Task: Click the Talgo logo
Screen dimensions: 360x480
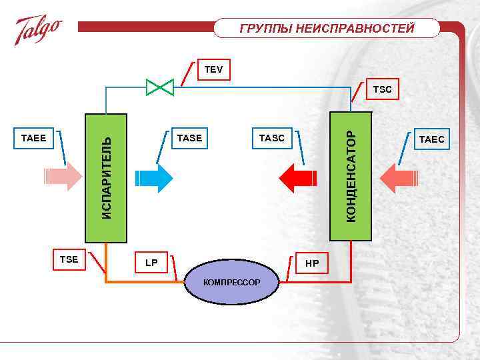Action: (39, 29)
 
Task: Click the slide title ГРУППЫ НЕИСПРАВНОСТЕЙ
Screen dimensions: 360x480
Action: (327, 28)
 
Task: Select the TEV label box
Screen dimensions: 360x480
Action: (213, 69)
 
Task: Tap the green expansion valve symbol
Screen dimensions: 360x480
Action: (160, 86)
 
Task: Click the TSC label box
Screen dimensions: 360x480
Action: (383, 89)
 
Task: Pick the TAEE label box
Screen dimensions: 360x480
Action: (33, 138)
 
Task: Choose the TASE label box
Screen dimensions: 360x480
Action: (190, 138)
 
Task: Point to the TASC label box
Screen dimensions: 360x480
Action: (271, 138)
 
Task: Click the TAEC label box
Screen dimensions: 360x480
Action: (432, 139)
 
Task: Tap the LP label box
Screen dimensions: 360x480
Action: (151, 263)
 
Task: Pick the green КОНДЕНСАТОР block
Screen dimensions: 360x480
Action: (351, 176)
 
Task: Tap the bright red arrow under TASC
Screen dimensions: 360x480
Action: (297, 177)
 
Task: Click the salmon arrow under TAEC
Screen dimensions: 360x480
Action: (397, 177)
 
